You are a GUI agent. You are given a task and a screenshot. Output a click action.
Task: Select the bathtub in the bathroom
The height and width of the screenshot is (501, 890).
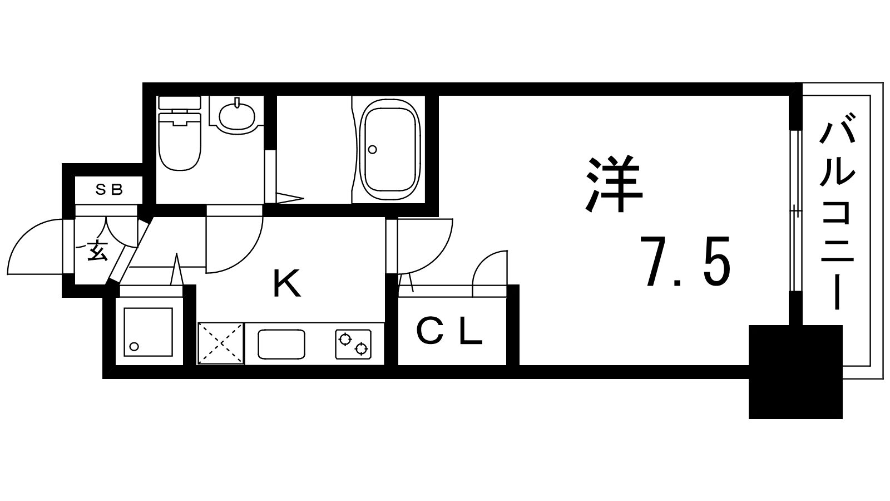pos(390,150)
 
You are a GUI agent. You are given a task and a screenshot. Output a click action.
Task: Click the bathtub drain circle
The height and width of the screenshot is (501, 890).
pos(372,150)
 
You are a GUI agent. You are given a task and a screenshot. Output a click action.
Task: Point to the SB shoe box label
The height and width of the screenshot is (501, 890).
pos(109,190)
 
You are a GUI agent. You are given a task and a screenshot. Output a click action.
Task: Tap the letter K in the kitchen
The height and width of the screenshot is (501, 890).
pos(286,283)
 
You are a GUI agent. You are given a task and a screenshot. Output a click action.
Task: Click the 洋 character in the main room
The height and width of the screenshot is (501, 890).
pos(614,184)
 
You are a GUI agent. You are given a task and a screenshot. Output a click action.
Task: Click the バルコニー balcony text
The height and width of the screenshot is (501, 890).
pos(837,211)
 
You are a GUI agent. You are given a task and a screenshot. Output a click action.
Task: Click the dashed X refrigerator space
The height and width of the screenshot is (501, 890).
pos(221,343)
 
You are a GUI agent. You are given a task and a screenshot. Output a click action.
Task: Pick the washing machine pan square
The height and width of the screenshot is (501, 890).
pos(148,332)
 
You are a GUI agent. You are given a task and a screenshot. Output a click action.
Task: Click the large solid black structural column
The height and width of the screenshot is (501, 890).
pos(795,372)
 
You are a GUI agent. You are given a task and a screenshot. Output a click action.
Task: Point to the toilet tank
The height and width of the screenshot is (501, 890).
pos(180,102)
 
